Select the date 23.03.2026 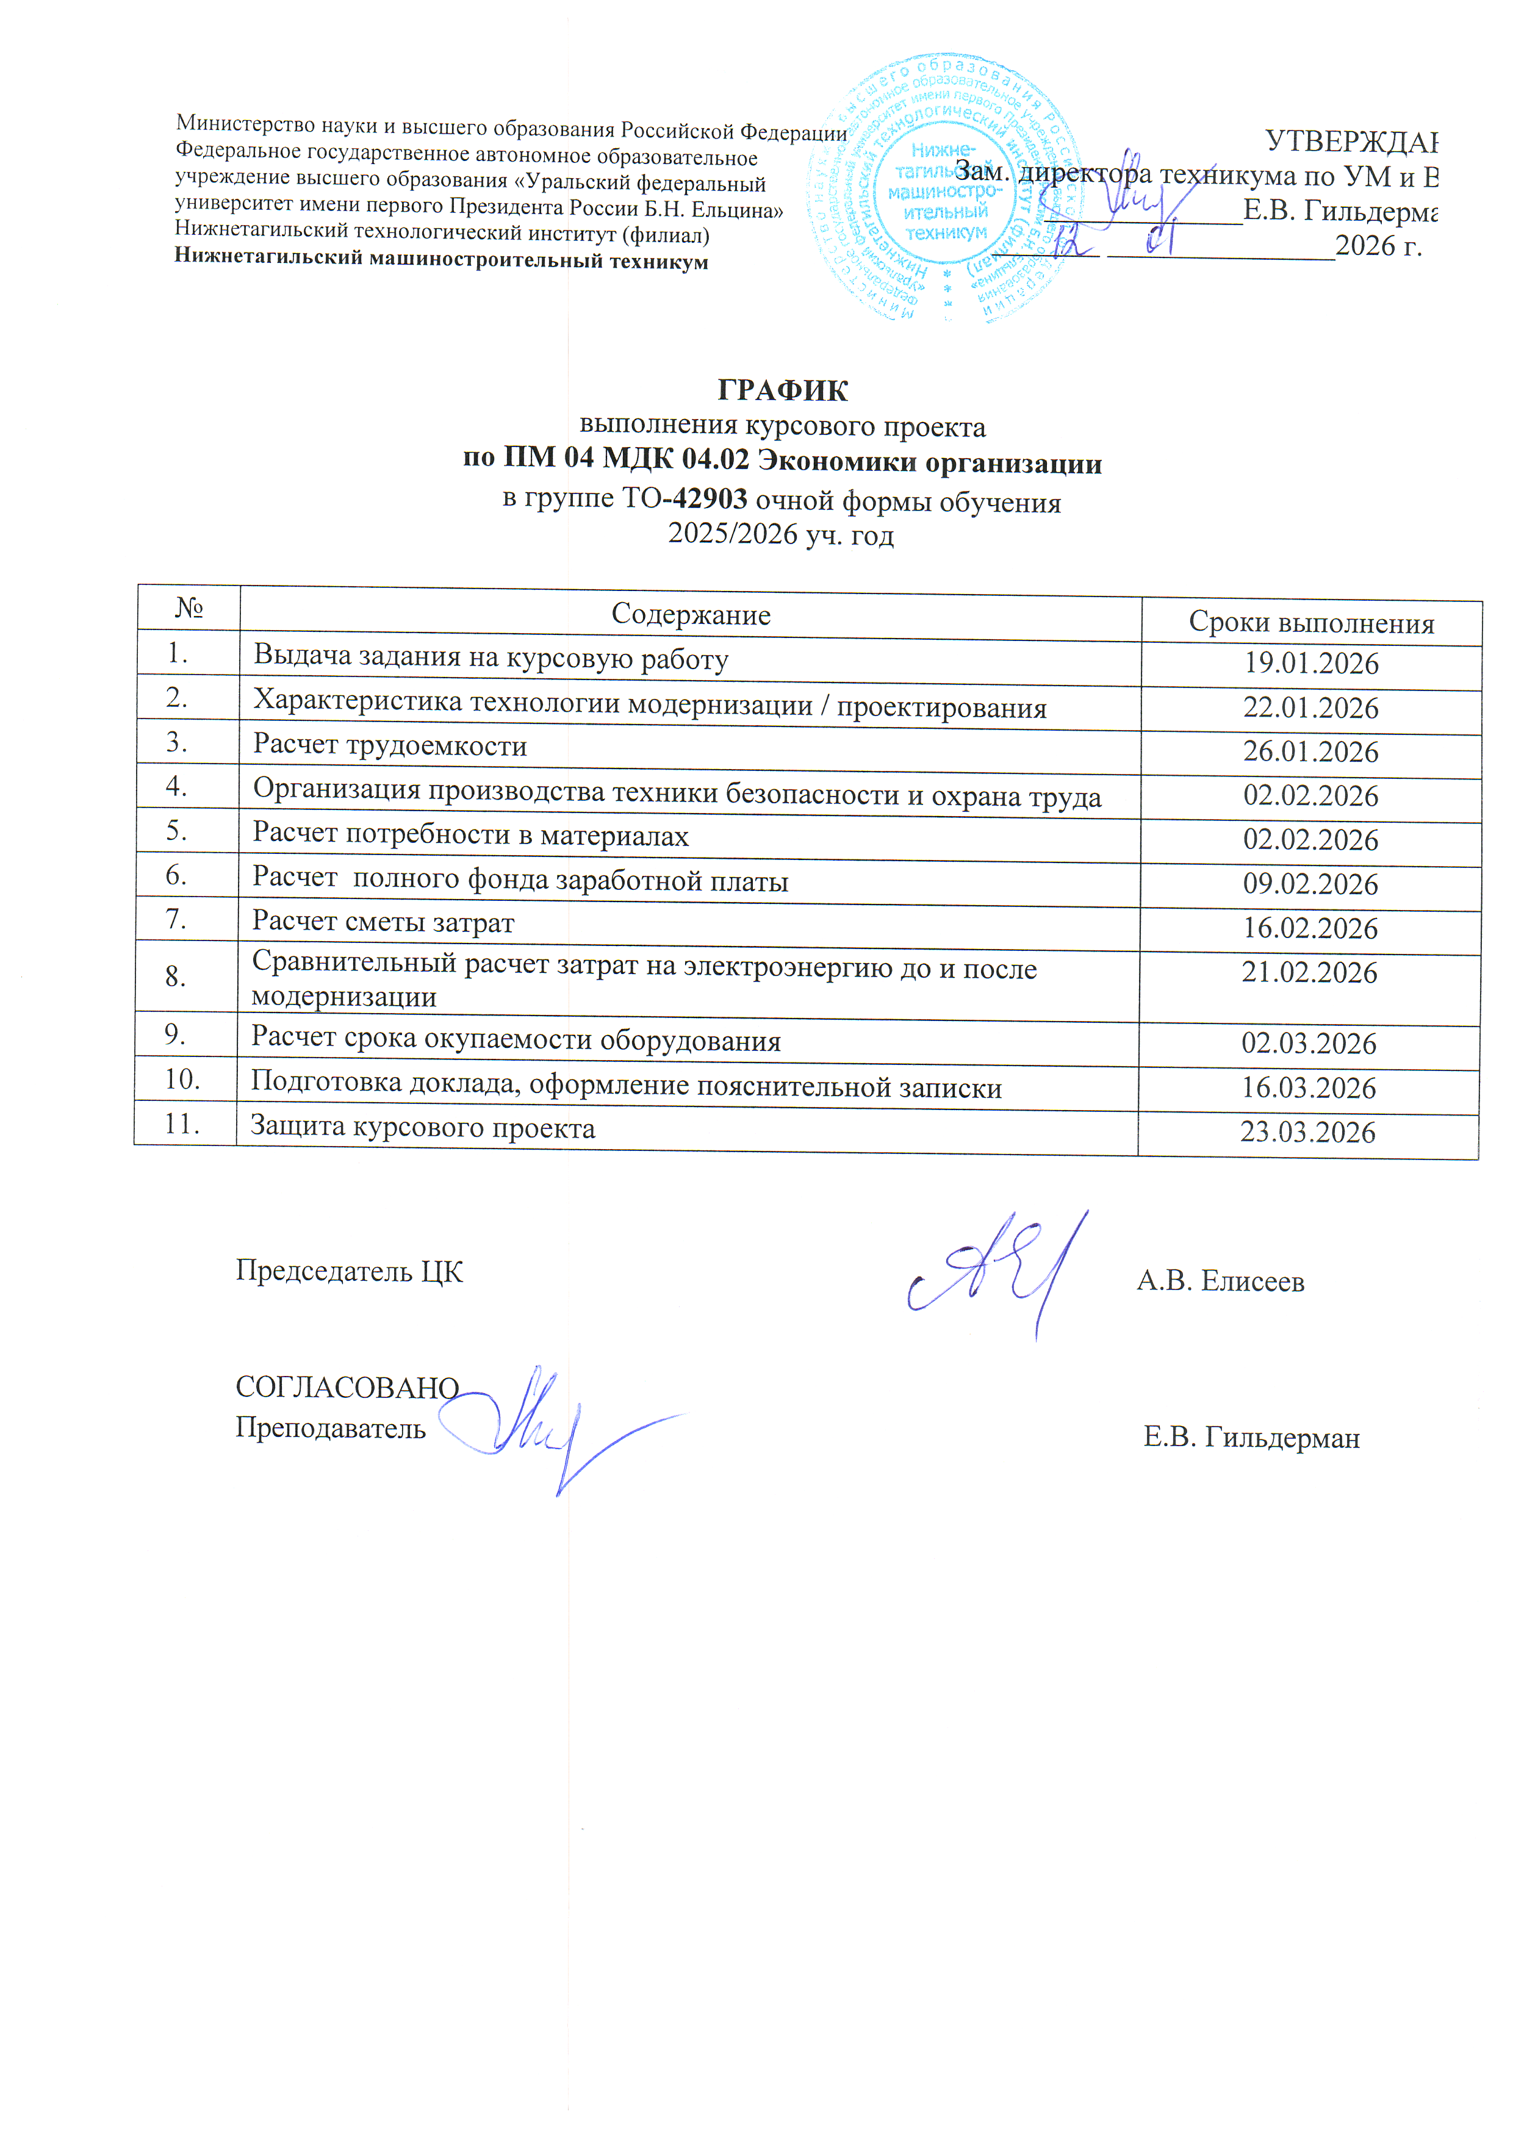tap(1307, 1132)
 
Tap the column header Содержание tap(691, 615)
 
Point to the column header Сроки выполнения tap(1311, 622)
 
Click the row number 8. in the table tap(177, 976)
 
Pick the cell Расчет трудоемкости tap(390, 746)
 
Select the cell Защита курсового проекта tap(423, 1128)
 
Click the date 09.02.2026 tap(1310, 884)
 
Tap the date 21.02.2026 tap(1309, 973)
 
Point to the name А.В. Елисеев tap(1220, 1281)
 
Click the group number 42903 tap(710, 500)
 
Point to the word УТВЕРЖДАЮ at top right tap(1351, 142)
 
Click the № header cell tap(189, 608)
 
